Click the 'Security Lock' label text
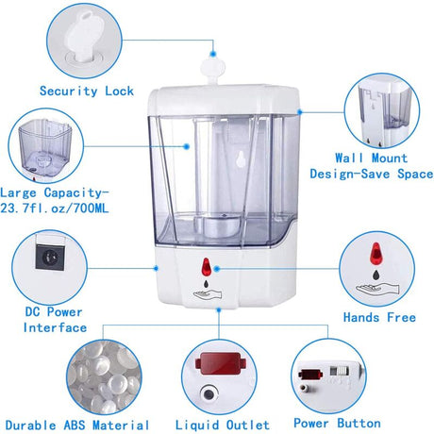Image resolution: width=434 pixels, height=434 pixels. pos(87,92)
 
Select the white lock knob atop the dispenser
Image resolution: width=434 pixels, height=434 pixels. pos(213,70)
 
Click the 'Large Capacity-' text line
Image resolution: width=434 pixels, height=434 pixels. pos(54,192)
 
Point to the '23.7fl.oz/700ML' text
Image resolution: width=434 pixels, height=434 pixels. pos(54,209)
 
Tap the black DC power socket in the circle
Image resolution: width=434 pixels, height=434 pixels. pos(50,257)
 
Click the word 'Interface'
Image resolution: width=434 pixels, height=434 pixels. pos(55,327)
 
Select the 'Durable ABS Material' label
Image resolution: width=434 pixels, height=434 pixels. pos(77,426)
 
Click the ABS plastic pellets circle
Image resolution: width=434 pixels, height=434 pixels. pos(104,376)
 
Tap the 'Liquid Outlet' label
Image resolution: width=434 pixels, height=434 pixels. pos(223,426)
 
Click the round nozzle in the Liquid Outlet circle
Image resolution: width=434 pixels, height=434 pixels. pos(209,393)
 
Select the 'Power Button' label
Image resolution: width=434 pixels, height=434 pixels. pos(337,424)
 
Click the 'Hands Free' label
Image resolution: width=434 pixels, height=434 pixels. pos(379,317)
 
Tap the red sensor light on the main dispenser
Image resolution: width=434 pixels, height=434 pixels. pos(206,267)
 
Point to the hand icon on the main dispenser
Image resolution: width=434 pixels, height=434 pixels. pos(208,294)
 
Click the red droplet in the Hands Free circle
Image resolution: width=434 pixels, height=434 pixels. pos(376,253)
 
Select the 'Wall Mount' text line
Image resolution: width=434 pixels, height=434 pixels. pos(371,158)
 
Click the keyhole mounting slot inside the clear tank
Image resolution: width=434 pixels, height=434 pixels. pos(242,159)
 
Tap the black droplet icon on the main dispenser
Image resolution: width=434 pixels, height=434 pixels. pos(206,284)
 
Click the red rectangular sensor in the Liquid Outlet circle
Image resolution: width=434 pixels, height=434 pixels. pos(221,363)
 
